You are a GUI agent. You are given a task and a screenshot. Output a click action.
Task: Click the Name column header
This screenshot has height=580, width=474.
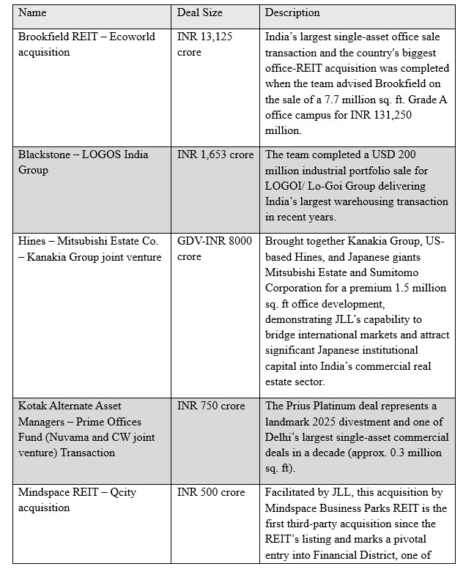coord(32,13)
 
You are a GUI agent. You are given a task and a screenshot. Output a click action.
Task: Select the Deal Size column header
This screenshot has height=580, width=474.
coord(200,13)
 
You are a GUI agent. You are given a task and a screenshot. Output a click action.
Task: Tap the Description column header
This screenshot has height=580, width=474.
coord(292,13)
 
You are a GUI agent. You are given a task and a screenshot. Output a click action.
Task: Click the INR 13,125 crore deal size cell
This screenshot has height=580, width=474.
coord(204,44)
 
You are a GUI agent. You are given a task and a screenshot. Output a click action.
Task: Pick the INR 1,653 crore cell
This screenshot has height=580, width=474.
coord(215,155)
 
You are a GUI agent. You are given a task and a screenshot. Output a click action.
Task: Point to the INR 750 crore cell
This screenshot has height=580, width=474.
coord(211,406)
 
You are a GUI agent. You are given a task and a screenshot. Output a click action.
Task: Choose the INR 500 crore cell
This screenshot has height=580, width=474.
coord(211,492)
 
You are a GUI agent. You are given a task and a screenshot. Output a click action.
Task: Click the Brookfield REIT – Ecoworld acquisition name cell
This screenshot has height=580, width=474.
coord(86,44)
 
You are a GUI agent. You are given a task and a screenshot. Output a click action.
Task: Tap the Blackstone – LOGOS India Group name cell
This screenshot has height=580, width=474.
coord(83,162)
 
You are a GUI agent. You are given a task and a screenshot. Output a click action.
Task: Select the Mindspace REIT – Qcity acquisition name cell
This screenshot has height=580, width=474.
coord(77,500)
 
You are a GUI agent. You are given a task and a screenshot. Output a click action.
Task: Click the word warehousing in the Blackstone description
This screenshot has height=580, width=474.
coord(371,201)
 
